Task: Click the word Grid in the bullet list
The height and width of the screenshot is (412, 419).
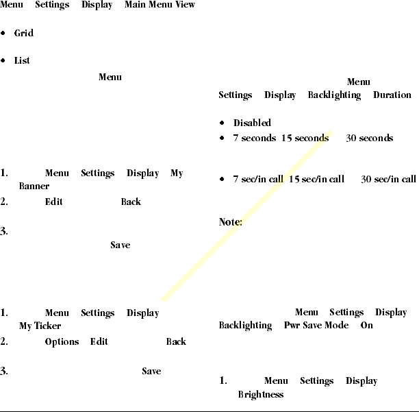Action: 23,34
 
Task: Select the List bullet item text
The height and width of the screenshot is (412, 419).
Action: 22,61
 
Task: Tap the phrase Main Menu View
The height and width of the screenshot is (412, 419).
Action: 160,5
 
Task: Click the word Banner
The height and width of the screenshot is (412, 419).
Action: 34,186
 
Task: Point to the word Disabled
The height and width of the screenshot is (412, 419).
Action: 252,123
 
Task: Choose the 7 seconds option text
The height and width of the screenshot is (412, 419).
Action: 254,138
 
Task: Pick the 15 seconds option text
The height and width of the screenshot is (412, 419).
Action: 305,138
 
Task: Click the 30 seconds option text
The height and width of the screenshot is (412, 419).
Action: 369,138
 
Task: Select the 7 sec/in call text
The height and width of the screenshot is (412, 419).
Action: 257,180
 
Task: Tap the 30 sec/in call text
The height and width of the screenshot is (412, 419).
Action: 388,180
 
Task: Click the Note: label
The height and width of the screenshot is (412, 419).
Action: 231,222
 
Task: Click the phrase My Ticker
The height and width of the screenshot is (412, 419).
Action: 40,326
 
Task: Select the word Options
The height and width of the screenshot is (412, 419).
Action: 62,342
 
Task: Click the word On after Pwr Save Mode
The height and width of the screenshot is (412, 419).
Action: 367,326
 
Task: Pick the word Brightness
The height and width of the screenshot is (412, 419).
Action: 260,395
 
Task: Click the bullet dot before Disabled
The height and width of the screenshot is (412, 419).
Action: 223,123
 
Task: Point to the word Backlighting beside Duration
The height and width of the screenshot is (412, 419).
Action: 334,95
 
